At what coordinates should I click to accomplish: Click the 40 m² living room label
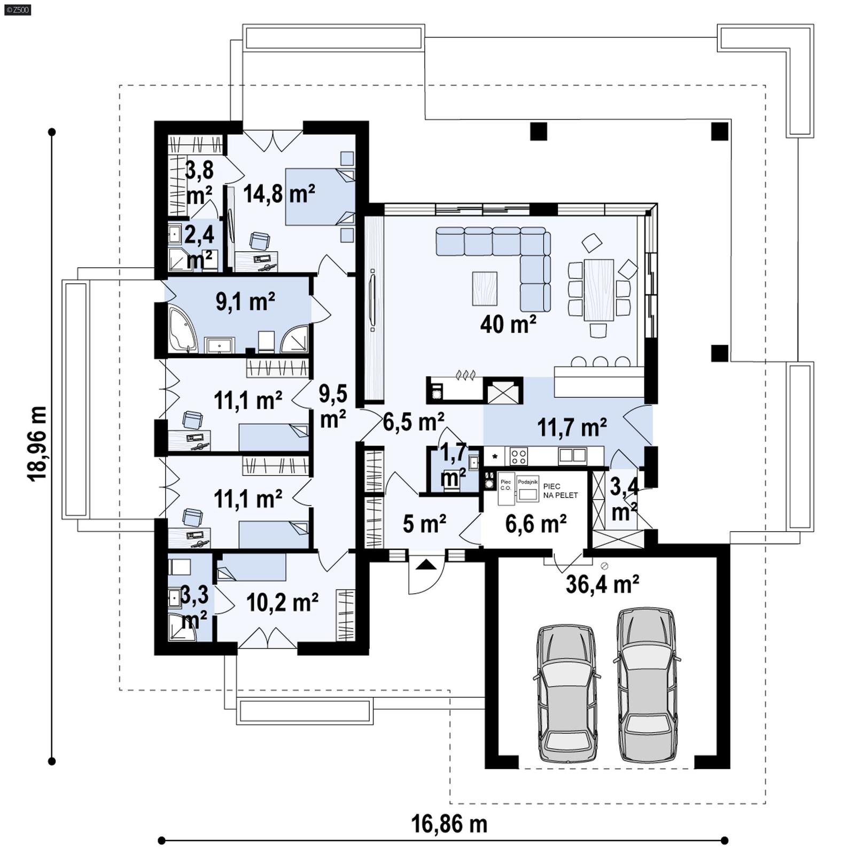(508, 324)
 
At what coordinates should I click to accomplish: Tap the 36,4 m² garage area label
(602, 584)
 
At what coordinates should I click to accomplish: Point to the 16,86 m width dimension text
(449, 823)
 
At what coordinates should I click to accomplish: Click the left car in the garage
(566, 693)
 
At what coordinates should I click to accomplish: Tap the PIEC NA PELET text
(560, 491)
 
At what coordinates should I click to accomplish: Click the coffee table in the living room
(485, 289)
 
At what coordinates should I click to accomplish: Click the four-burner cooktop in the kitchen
(518, 456)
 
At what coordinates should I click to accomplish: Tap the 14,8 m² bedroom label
(279, 193)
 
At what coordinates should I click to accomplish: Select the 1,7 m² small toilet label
(453, 464)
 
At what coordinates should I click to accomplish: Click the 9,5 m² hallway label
(333, 406)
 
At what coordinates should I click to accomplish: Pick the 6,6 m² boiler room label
(535, 524)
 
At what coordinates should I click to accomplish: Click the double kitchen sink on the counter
(572, 455)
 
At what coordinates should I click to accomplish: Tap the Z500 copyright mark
(17, 9)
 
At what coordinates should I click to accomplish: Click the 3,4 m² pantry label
(624, 500)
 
